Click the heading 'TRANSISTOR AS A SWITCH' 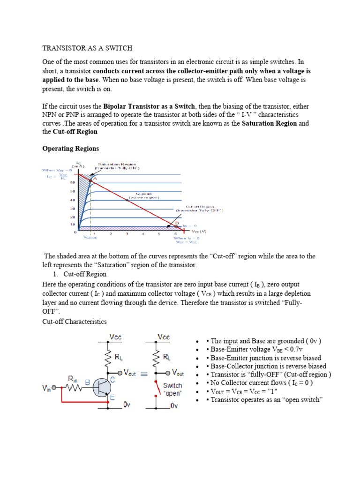(87, 48)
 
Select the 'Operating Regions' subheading (71, 149)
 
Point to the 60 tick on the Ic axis (73, 182)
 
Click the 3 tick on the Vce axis (127, 234)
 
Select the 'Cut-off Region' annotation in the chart (200, 208)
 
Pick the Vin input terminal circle (54, 388)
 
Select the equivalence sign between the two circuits (144, 374)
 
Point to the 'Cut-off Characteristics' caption (75, 322)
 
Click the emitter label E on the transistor (112, 397)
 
